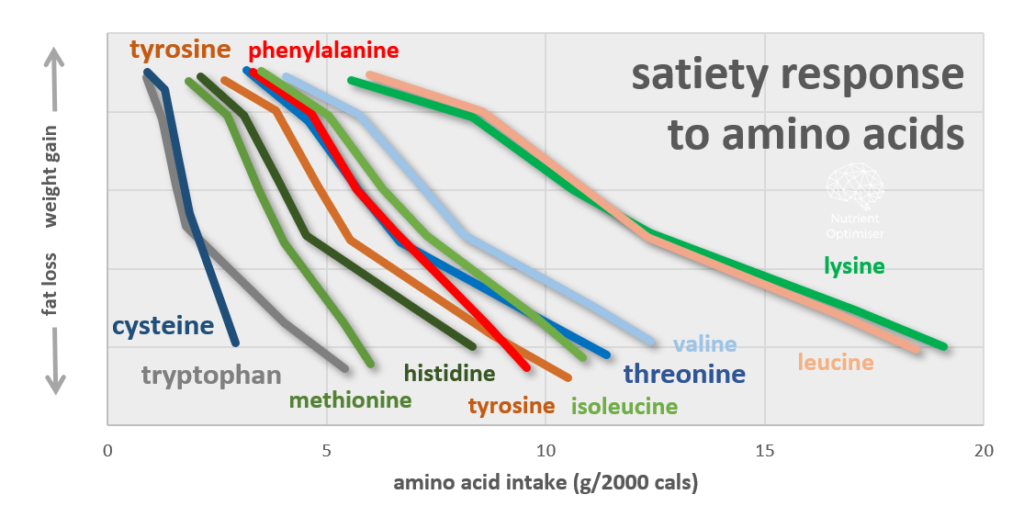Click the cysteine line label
point(163,326)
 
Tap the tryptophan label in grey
point(211,375)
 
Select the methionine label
point(350,400)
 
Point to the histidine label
point(449,373)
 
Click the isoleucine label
point(625,406)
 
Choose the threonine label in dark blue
point(684,374)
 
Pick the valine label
point(704,345)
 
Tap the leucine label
point(836,363)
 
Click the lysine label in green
point(854,267)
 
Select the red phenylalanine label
point(324,50)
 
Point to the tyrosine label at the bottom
point(512,406)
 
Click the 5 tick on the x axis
point(326,451)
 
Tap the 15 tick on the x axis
point(764,451)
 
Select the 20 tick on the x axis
point(984,451)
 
